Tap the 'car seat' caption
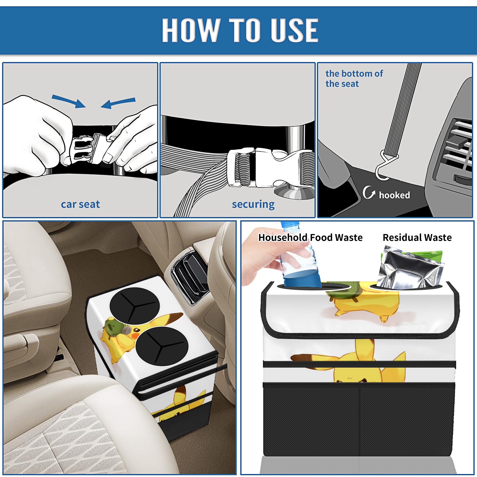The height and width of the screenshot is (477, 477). point(80,205)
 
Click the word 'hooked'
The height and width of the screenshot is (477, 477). point(394,195)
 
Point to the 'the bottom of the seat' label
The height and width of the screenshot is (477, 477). point(354,79)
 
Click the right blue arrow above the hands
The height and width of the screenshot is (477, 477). point(118,103)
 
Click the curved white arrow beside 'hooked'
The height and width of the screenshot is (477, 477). point(368,193)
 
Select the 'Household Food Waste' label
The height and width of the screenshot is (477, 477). point(310,238)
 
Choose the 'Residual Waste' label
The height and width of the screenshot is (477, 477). point(417,238)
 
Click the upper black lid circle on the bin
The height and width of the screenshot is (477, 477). point(135,306)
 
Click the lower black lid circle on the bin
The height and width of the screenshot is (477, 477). point(162,346)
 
